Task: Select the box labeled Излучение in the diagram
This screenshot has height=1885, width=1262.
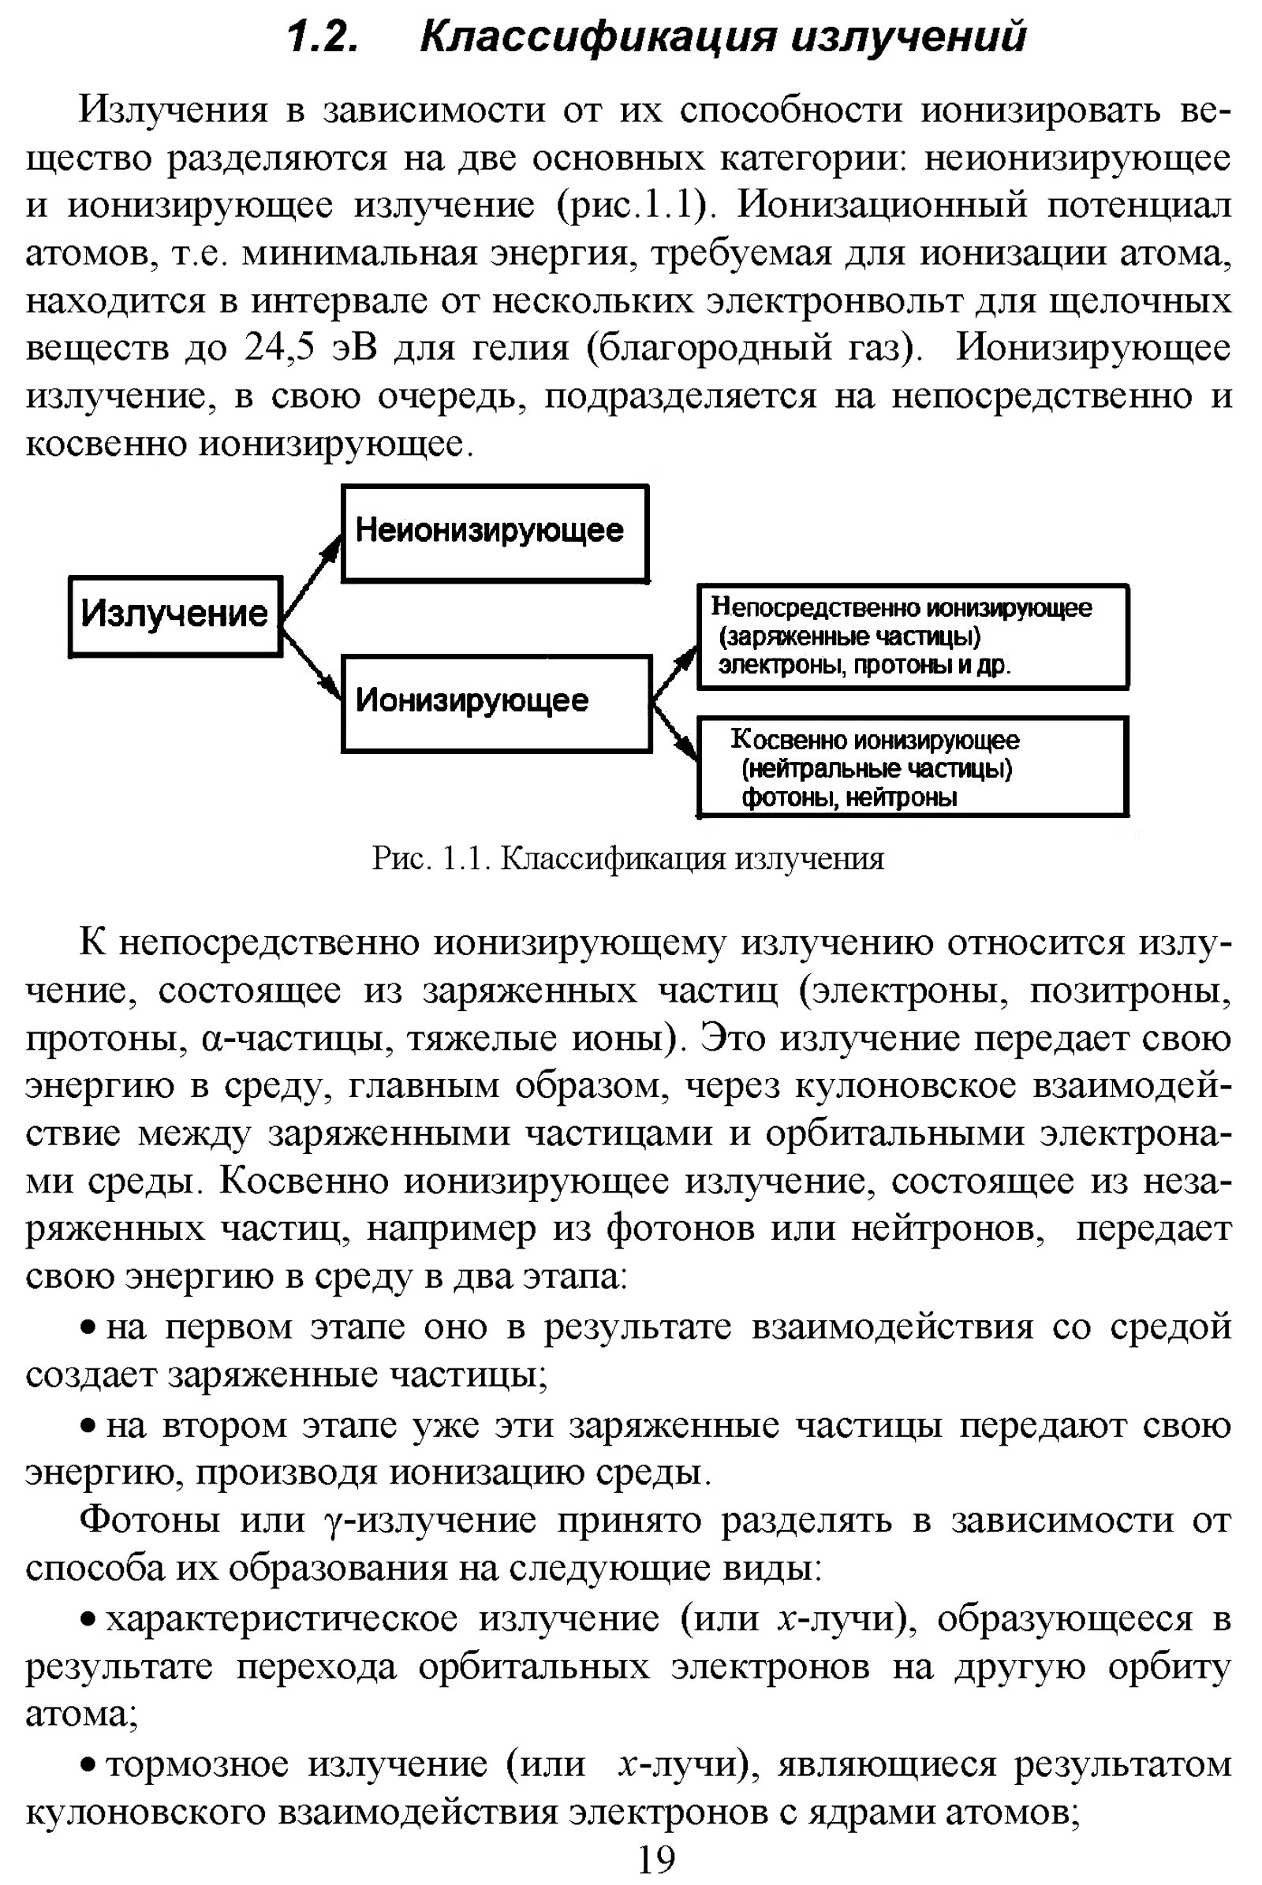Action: click(174, 616)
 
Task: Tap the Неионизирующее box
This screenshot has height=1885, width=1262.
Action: click(495, 533)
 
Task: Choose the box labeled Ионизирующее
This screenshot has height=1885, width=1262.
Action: click(496, 703)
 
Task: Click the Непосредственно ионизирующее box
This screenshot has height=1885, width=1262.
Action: click(912, 636)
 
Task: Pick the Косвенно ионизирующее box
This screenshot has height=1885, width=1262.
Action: click(912, 767)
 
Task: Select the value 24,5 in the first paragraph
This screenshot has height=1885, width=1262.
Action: click(278, 348)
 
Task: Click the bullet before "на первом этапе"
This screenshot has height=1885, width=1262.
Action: click(89, 1327)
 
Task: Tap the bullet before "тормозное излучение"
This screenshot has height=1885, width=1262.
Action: click(89, 1765)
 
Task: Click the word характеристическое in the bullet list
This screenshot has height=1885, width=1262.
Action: click(282, 1618)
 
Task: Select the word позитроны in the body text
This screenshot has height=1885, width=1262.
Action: click(1130, 991)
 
